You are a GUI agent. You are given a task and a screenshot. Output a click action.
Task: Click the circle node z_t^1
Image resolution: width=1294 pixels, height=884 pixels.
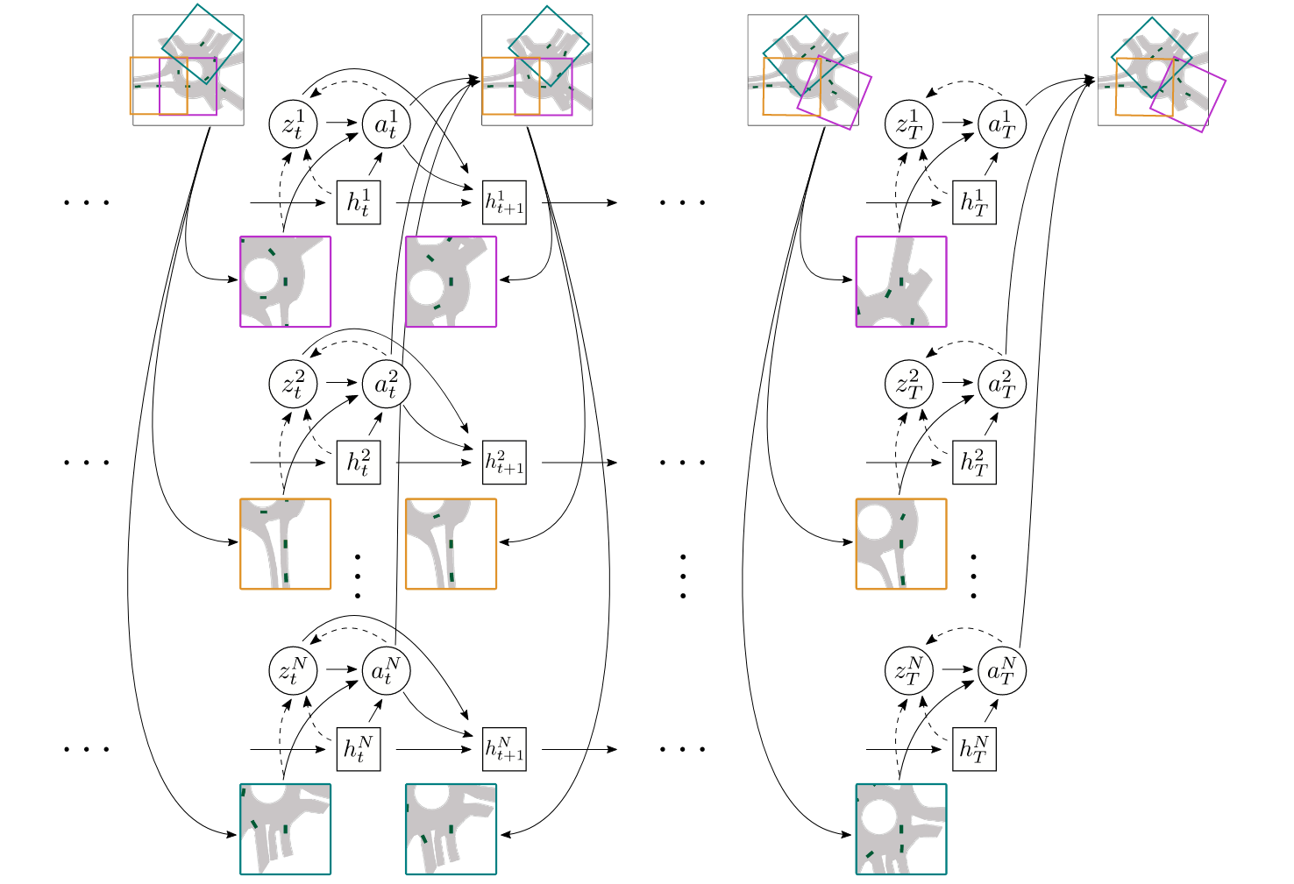[293, 124]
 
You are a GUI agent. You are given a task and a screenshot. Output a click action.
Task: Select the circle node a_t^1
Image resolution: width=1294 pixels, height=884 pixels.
[387, 124]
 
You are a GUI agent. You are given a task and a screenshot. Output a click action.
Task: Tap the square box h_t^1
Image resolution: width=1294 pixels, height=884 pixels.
[359, 202]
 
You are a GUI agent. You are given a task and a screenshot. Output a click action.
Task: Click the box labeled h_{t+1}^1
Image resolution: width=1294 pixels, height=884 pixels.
[504, 202]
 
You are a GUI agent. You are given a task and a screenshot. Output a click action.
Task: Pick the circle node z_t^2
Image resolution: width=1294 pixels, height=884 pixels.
[293, 384]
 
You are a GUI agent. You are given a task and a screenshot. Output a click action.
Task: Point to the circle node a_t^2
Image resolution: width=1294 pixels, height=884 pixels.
[387, 384]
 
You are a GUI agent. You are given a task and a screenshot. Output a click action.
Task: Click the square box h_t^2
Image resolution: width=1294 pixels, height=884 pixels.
[359, 463]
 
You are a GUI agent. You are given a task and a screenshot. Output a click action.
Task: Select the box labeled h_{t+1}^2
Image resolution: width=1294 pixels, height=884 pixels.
[504, 463]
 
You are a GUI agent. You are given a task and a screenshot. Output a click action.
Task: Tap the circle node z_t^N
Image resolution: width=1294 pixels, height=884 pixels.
[293, 670]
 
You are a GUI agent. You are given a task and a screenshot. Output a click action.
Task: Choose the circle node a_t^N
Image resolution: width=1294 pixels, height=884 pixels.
[387, 670]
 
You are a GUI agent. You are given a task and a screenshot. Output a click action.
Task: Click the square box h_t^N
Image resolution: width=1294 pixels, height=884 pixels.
[359, 749]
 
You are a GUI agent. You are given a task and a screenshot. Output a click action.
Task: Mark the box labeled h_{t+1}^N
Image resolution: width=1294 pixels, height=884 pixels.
[504, 749]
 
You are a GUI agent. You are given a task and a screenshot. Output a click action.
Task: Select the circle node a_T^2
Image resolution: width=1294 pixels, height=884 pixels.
[1002, 384]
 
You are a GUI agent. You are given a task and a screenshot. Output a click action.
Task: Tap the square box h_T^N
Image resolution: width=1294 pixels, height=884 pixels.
[975, 749]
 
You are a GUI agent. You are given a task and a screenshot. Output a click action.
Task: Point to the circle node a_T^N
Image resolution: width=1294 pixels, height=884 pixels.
[1002, 670]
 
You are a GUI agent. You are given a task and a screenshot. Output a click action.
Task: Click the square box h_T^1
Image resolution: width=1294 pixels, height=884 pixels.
[975, 202]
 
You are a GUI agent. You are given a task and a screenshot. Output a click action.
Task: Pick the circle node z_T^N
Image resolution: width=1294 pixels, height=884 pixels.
[908, 670]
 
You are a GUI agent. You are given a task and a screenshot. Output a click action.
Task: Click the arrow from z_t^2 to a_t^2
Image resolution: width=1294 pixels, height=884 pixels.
[342, 382]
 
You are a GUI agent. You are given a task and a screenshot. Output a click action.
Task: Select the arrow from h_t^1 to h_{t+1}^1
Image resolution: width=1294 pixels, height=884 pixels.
[434, 202]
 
